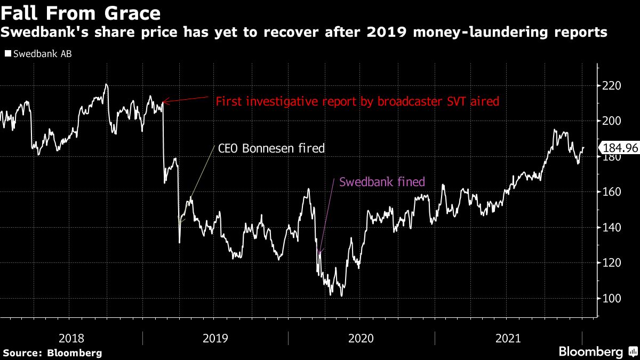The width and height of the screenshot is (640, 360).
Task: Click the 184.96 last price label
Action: pos(620,148)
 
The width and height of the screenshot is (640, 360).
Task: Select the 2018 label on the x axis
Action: pos(71,338)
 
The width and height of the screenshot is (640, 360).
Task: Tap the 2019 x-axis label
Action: pos(215,338)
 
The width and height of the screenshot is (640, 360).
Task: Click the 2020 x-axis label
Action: pos(361,338)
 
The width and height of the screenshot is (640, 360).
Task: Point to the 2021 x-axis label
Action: pos(508,338)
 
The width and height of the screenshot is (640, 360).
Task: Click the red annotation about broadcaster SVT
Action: pos(357,101)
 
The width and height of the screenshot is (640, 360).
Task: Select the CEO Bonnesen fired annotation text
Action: pos(271,148)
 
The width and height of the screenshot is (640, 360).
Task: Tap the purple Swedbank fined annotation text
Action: pos(382,182)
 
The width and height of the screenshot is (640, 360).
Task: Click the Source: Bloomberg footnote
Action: pos(52,353)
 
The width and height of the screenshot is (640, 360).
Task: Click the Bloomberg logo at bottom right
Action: pos(590,352)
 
